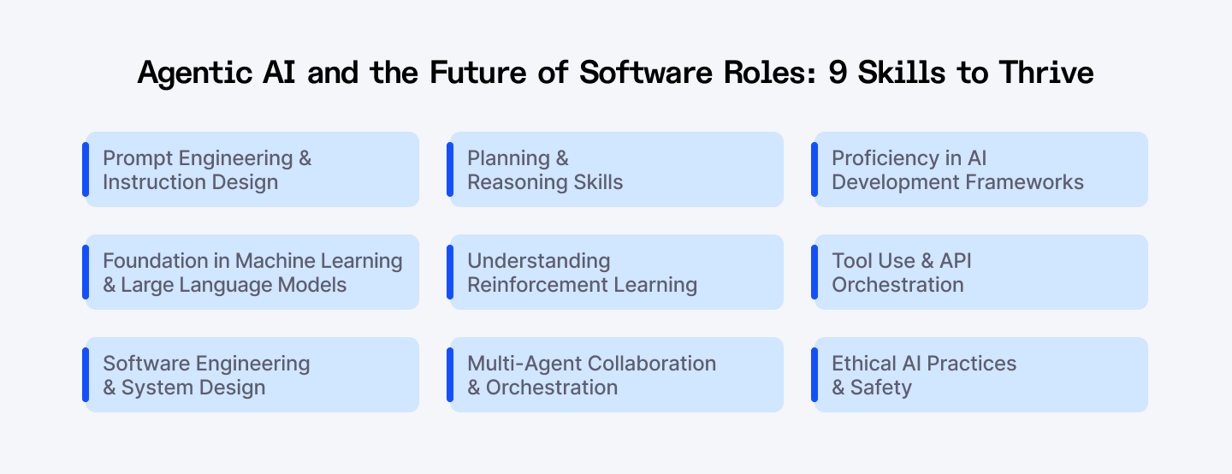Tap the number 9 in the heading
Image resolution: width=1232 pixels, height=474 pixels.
click(838, 73)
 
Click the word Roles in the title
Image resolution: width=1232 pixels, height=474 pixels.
click(771, 73)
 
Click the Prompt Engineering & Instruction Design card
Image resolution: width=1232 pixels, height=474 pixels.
click(252, 169)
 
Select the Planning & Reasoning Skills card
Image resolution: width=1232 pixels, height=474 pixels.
click(616, 169)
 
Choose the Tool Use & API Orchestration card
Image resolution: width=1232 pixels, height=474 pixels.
click(980, 272)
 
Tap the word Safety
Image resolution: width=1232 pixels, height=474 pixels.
click(881, 388)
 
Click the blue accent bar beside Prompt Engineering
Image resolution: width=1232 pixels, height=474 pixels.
click(86, 169)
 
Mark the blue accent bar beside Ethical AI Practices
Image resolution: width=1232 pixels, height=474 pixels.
click(814, 375)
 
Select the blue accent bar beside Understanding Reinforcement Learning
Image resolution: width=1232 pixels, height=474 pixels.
click(450, 272)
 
